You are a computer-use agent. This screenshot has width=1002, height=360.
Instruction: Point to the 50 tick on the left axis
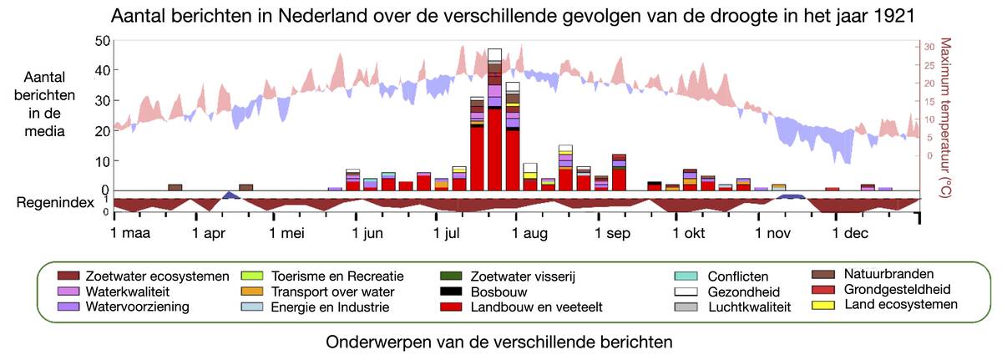coord(102,41)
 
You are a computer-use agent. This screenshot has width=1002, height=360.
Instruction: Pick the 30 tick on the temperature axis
coord(931,48)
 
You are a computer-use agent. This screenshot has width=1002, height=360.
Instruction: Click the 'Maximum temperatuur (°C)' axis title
coord(947,117)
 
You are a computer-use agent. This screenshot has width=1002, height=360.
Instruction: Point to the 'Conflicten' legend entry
coord(738,276)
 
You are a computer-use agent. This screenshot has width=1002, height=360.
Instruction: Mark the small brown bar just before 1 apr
coord(175,187)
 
